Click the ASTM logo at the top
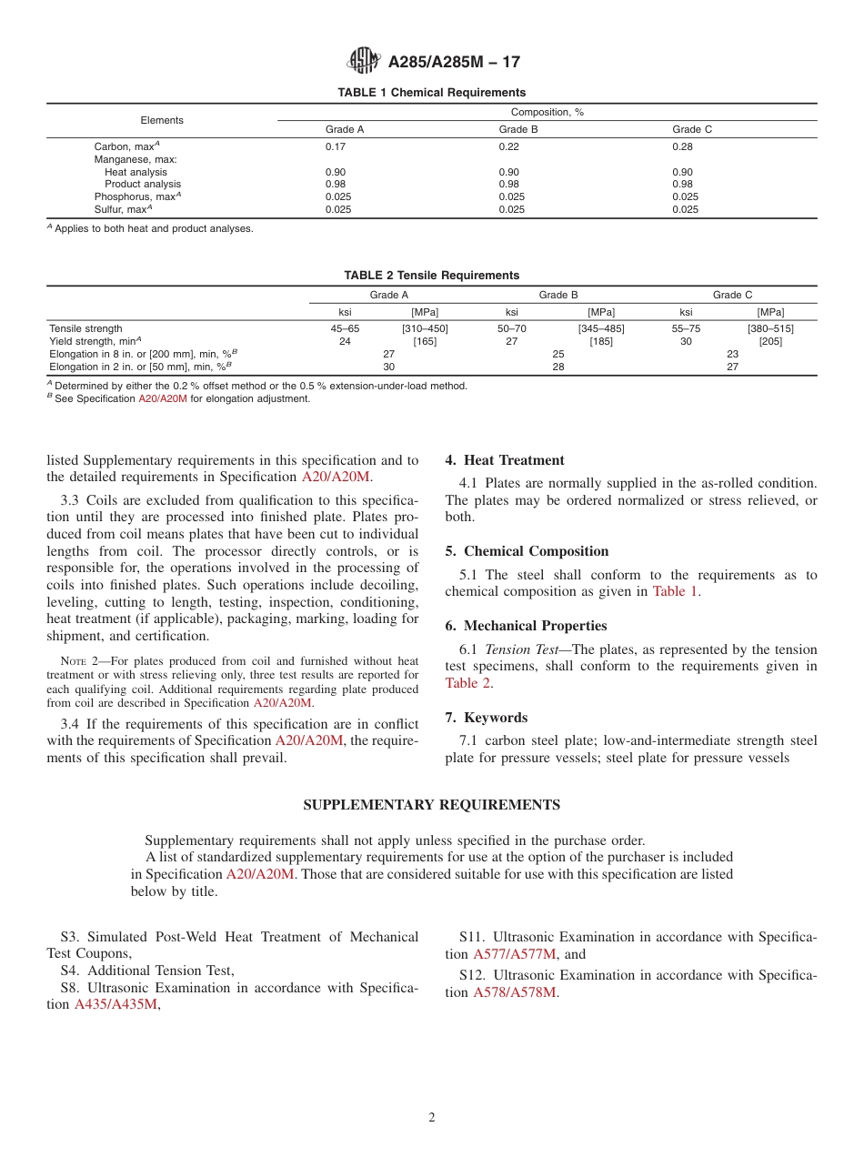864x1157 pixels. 364,62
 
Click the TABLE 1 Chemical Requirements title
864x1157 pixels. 431,93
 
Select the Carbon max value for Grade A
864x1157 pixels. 336,146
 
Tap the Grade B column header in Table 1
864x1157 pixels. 518,129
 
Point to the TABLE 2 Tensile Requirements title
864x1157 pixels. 431,276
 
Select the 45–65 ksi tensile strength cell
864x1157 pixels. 345,328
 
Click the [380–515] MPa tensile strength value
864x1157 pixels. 770,328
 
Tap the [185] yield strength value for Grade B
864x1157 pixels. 600,341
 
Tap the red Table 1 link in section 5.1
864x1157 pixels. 676,591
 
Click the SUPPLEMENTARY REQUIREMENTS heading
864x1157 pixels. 431,805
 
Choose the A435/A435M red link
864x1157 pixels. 116,1004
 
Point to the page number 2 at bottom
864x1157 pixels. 432,1118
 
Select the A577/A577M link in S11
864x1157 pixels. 514,954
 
